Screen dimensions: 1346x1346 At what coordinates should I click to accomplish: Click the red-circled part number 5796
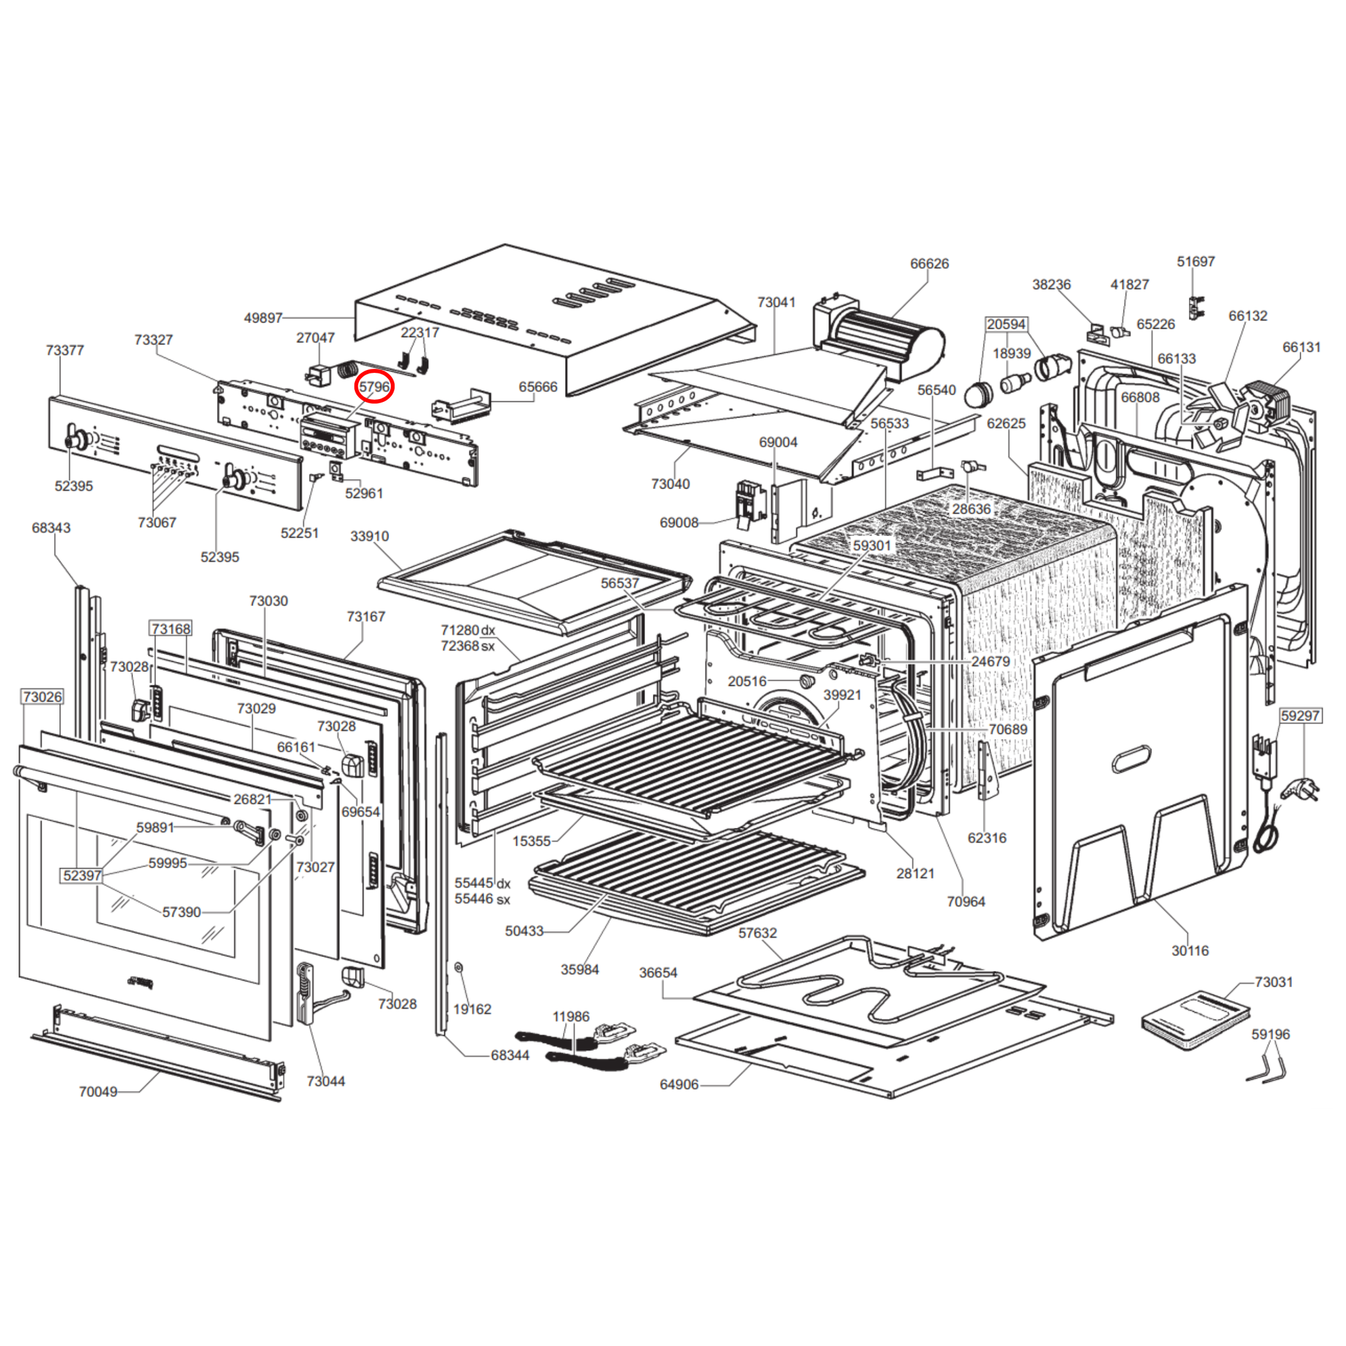point(374,387)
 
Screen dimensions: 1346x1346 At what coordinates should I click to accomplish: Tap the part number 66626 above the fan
point(930,264)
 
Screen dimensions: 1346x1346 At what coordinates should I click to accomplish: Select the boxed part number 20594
point(1006,324)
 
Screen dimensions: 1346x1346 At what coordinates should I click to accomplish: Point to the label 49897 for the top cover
point(264,317)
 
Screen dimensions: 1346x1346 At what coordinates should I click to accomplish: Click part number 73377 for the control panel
point(65,350)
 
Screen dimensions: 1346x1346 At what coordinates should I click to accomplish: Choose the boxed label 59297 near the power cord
point(1300,715)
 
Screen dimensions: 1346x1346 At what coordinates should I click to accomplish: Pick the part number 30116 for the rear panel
point(1190,950)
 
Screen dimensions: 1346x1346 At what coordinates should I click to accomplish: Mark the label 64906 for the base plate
point(679,1084)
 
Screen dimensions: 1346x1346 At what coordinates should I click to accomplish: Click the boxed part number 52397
point(82,875)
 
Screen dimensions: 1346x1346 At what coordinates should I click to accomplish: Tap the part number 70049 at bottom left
point(98,1091)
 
